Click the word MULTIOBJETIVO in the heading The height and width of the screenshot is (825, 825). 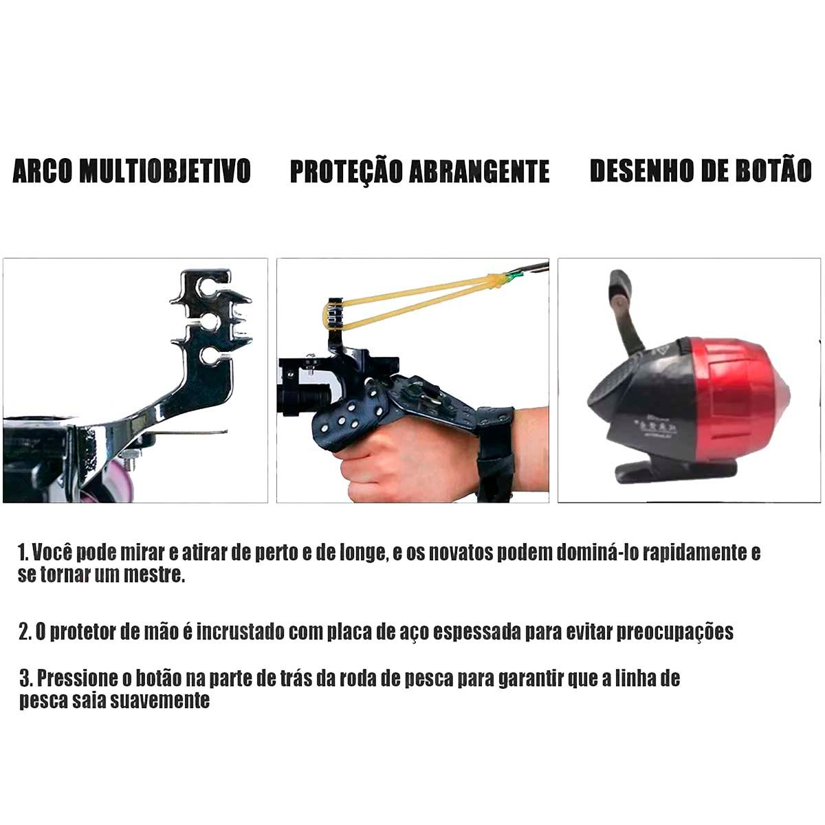[166, 170]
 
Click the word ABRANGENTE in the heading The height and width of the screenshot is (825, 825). [479, 171]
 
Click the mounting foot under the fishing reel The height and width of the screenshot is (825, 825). [676, 471]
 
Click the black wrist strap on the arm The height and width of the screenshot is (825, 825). [495, 454]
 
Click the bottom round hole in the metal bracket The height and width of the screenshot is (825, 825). [209, 356]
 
